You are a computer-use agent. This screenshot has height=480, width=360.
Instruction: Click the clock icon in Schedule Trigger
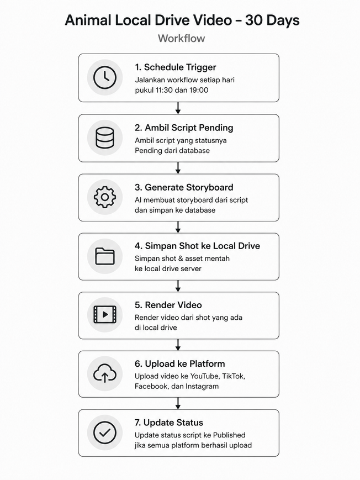(105, 77)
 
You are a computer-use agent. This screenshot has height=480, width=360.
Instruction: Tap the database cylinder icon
(105, 138)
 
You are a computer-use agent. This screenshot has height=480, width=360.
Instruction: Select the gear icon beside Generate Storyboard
(105, 197)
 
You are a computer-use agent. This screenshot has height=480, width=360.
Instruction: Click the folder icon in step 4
(105, 256)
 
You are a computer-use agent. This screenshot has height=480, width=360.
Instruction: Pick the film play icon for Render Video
(105, 314)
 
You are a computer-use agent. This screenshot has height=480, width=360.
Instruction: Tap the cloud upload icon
(105, 373)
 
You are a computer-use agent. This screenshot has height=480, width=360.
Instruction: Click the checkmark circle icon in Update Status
(105, 432)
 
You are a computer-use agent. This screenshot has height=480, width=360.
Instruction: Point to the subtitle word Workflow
(182, 38)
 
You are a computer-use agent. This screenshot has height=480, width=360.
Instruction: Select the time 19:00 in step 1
(199, 90)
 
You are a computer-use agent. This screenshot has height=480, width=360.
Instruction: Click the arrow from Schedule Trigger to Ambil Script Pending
(178, 108)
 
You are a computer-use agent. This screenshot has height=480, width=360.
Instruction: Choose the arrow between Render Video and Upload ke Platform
(178, 345)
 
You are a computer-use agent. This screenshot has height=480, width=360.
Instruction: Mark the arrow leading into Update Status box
(178, 403)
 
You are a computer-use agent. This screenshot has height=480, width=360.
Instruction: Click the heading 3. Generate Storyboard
(184, 187)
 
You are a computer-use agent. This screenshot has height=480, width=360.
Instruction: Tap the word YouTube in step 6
(204, 376)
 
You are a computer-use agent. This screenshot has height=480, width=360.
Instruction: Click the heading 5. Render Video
(168, 305)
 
